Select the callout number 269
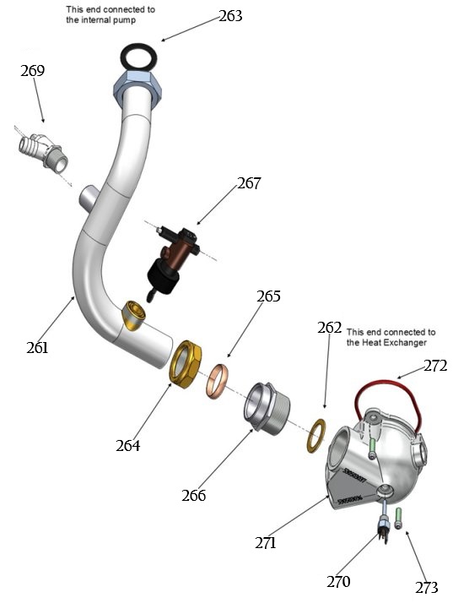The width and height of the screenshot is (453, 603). [x=32, y=71]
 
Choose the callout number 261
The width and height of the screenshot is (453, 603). [x=36, y=346]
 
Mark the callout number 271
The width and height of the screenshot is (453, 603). [x=266, y=543]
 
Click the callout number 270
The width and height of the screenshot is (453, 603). [x=338, y=580]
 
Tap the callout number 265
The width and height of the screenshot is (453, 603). [x=268, y=296]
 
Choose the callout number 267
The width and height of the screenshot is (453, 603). [x=249, y=182]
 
